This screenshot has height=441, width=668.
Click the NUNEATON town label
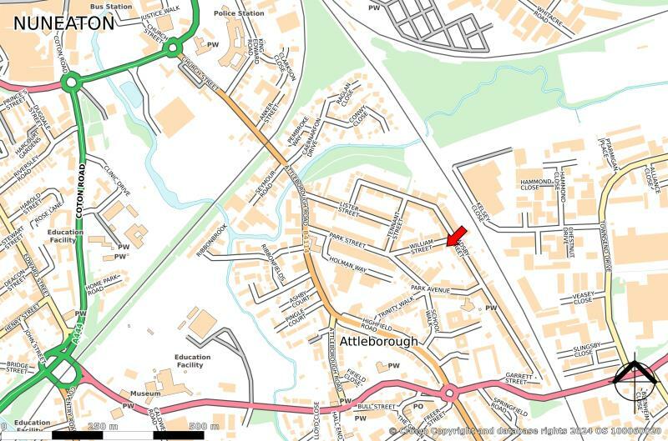(x=63, y=23)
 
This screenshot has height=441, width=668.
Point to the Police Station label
(x=238, y=14)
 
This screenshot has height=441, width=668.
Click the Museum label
(x=145, y=393)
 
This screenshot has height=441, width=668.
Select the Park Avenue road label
(x=430, y=289)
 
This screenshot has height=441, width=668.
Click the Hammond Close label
(x=532, y=185)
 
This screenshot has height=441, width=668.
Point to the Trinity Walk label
(x=396, y=307)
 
